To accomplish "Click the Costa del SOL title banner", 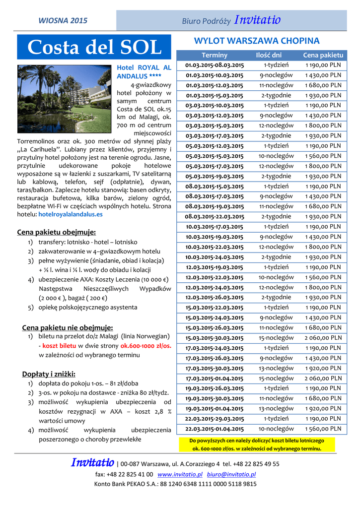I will pos(94,48).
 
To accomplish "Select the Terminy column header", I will pos(215,55).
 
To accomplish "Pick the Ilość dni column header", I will pos(269,55).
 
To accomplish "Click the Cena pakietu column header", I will pos(323,55).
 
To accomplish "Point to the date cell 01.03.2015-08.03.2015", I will pos(215,65).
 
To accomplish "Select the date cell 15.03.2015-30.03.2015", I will pos(215,338).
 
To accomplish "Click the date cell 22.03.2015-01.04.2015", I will pos(215,429).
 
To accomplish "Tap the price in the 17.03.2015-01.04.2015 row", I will pos(323,378).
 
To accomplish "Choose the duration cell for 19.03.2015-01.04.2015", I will pos(269,408).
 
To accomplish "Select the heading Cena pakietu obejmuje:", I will pos(57,232).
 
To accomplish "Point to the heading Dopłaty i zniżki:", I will pos(49,374).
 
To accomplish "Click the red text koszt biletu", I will pos(59,346).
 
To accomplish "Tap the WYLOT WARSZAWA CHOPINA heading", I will pos(256,41).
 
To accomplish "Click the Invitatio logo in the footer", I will pos(92,463).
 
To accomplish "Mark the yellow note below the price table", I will pos(256,444).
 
